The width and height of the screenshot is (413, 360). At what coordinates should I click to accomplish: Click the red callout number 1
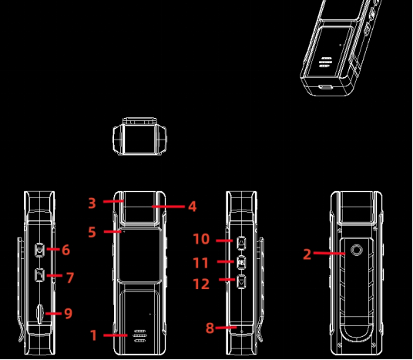(x=94, y=336)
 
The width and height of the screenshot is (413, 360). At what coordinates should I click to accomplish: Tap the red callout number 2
(x=307, y=254)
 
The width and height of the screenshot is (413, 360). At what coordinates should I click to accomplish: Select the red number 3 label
(x=92, y=204)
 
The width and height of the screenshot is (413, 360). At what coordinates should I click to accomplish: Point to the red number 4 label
(x=192, y=207)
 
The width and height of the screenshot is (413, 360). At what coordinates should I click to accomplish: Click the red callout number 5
(x=92, y=232)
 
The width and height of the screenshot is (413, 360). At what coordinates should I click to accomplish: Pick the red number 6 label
(x=66, y=250)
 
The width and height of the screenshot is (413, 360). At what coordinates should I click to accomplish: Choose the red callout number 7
(x=69, y=278)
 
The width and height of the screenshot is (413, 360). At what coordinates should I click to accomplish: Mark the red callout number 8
(x=210, y=328)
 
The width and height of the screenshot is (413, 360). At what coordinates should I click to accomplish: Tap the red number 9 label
(x=68, y=314)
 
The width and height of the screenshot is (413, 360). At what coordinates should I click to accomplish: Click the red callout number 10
(x=200, y=240)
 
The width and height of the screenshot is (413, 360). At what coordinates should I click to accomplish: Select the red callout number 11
(x=200, y=263)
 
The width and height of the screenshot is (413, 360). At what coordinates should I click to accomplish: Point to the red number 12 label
(x=200, y=284)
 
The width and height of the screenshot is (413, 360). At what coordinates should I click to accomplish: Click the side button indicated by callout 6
(x=40, y=249)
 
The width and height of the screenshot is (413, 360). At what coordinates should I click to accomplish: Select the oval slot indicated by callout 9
(x=40, y=313)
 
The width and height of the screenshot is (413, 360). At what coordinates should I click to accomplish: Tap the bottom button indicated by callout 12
(x=241, y=282)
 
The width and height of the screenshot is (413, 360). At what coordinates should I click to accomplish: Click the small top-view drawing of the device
(x=139, y=137)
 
